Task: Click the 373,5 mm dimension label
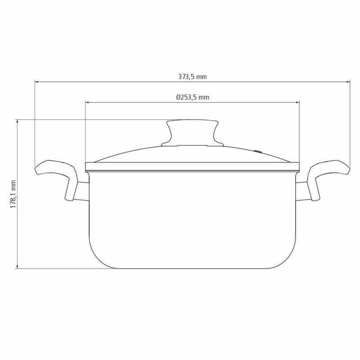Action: [x=193, y=76]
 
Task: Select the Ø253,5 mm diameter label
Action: [x=193, y=97]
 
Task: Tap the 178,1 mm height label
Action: [x=13, y=194]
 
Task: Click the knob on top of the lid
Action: [x=193, y=132]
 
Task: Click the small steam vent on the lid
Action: [x=258, y=151]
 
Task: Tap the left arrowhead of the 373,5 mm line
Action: [x=36, y=81]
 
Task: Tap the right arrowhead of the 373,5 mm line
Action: [x=348, y=81]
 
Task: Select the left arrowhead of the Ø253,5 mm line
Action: [x=87, y=103]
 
